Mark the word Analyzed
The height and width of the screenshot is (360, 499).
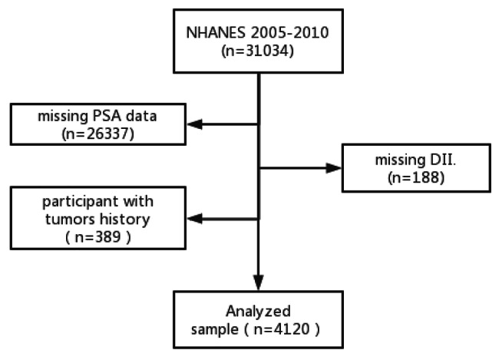259,312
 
